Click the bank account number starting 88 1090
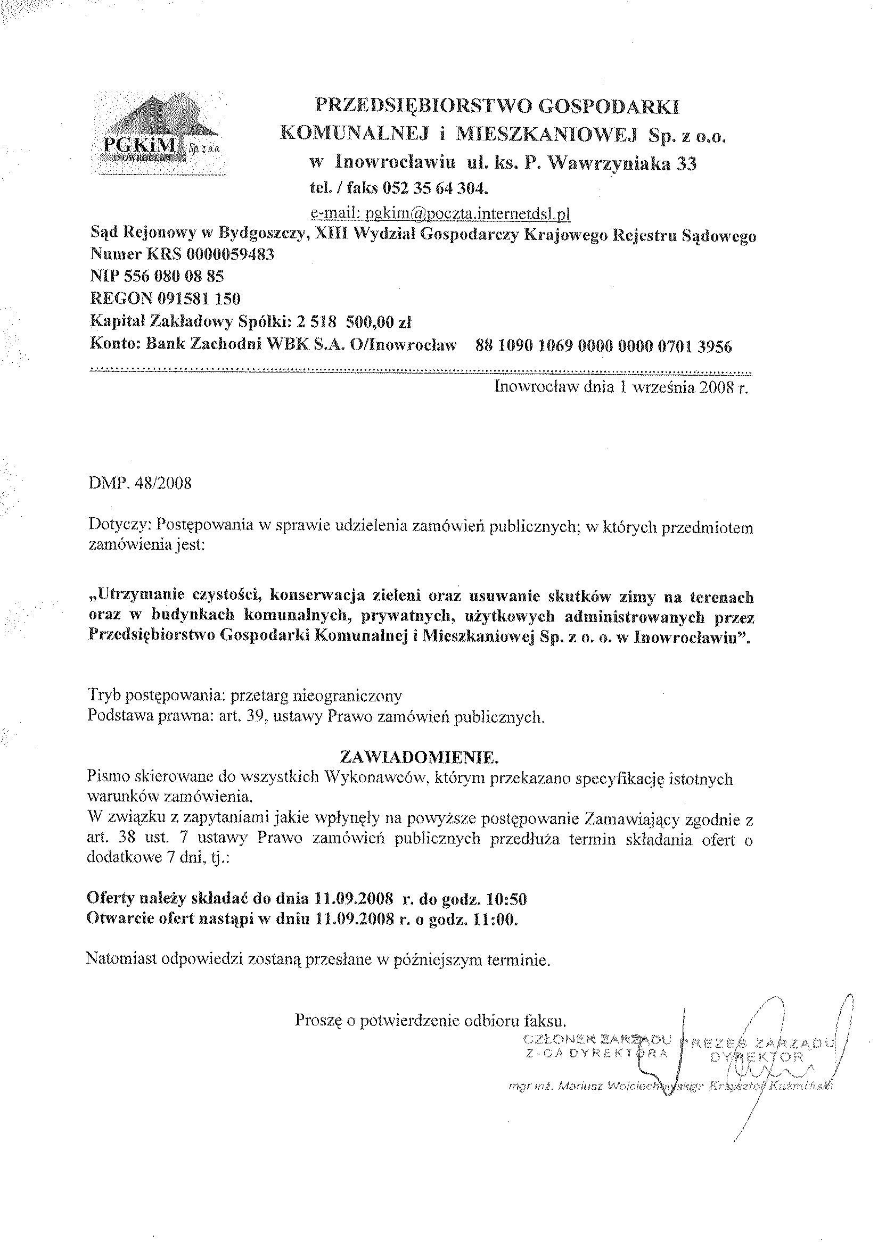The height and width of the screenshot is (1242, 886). pos(604,346)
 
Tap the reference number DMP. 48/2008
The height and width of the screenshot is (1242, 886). pos(140,484)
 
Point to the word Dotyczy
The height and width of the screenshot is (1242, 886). pos(119,527)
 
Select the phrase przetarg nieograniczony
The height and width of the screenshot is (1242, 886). pos(317,696)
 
